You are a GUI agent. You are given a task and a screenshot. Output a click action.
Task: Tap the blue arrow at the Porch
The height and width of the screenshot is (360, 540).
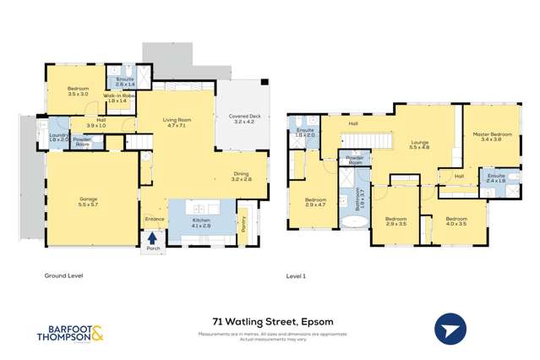pyautogui.click(x=153, y=238)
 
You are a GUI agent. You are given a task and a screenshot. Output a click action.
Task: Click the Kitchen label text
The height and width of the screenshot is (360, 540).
pyautogui.click(x=199, y=221)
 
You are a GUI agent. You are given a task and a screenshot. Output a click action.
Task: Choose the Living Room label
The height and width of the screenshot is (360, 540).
pyautogui.click(x=177, y=123)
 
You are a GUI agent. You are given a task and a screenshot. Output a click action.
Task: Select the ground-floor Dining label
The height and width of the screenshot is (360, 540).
pyautogui.click(x=242, y=177)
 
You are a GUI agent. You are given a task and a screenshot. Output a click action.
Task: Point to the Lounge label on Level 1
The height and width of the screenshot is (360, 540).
pyautogui.click(x=420, y=145)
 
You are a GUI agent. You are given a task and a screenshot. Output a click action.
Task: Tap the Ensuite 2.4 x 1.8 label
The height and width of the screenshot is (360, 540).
pyautogui.click(x=496, y=178)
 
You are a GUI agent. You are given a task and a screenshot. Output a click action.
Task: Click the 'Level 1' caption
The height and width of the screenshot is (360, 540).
pyautogui.click(x=296, y=275)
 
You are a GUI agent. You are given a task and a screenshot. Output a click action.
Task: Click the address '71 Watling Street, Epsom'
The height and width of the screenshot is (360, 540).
pyautogui.click(x=270, y=321)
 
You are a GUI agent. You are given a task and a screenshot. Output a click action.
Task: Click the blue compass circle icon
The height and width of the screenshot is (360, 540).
pyautogui.click(x=451, y=330)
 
